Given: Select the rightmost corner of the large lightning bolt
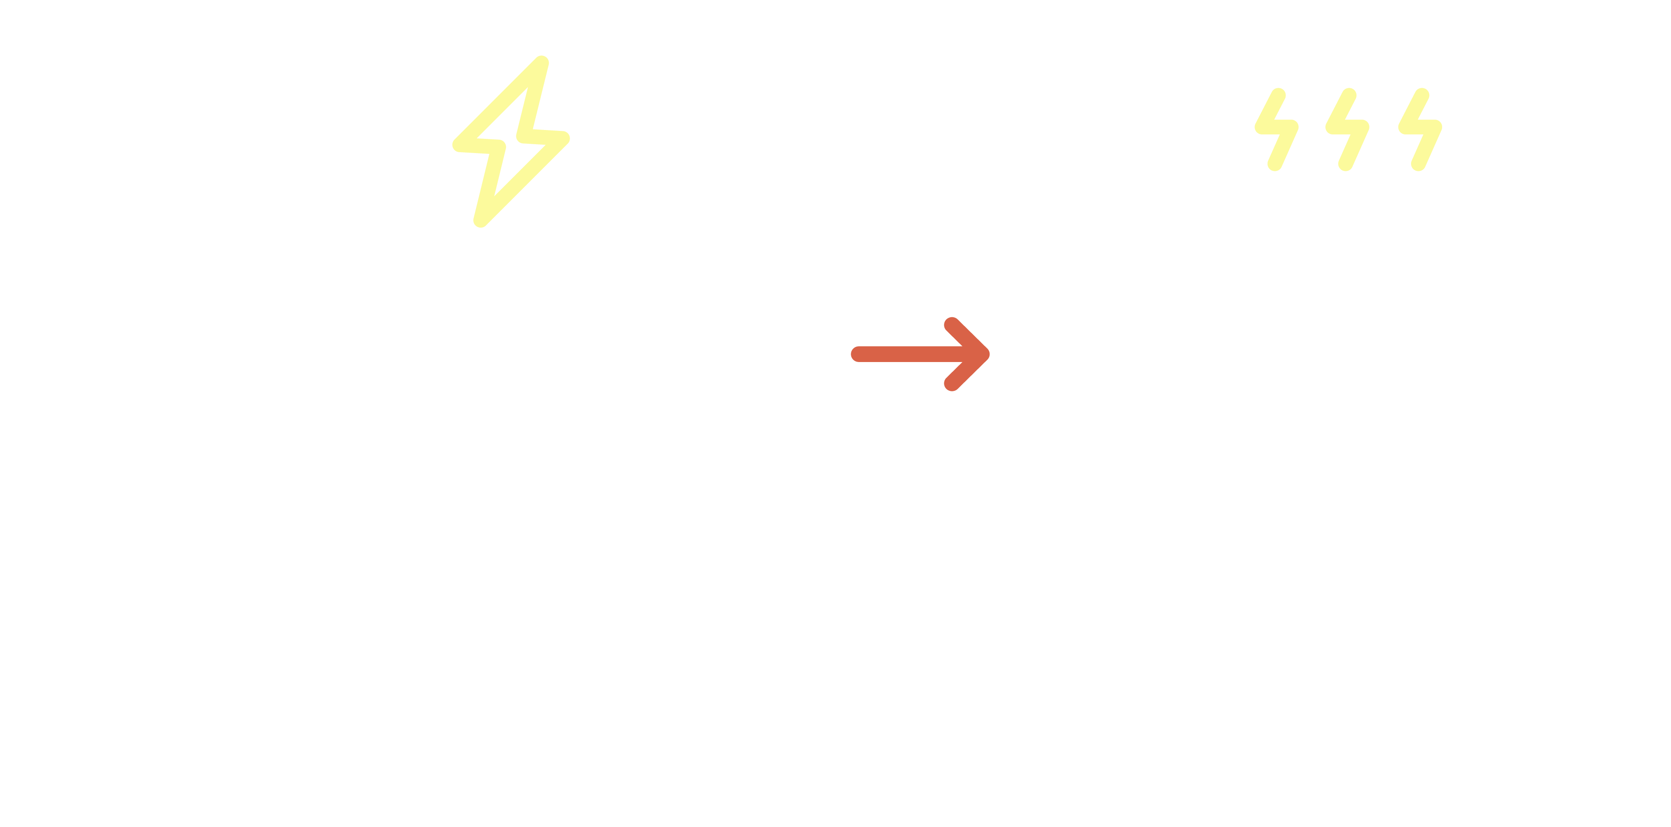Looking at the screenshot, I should [564, 138].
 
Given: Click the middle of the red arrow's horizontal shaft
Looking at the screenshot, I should [915, 354].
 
